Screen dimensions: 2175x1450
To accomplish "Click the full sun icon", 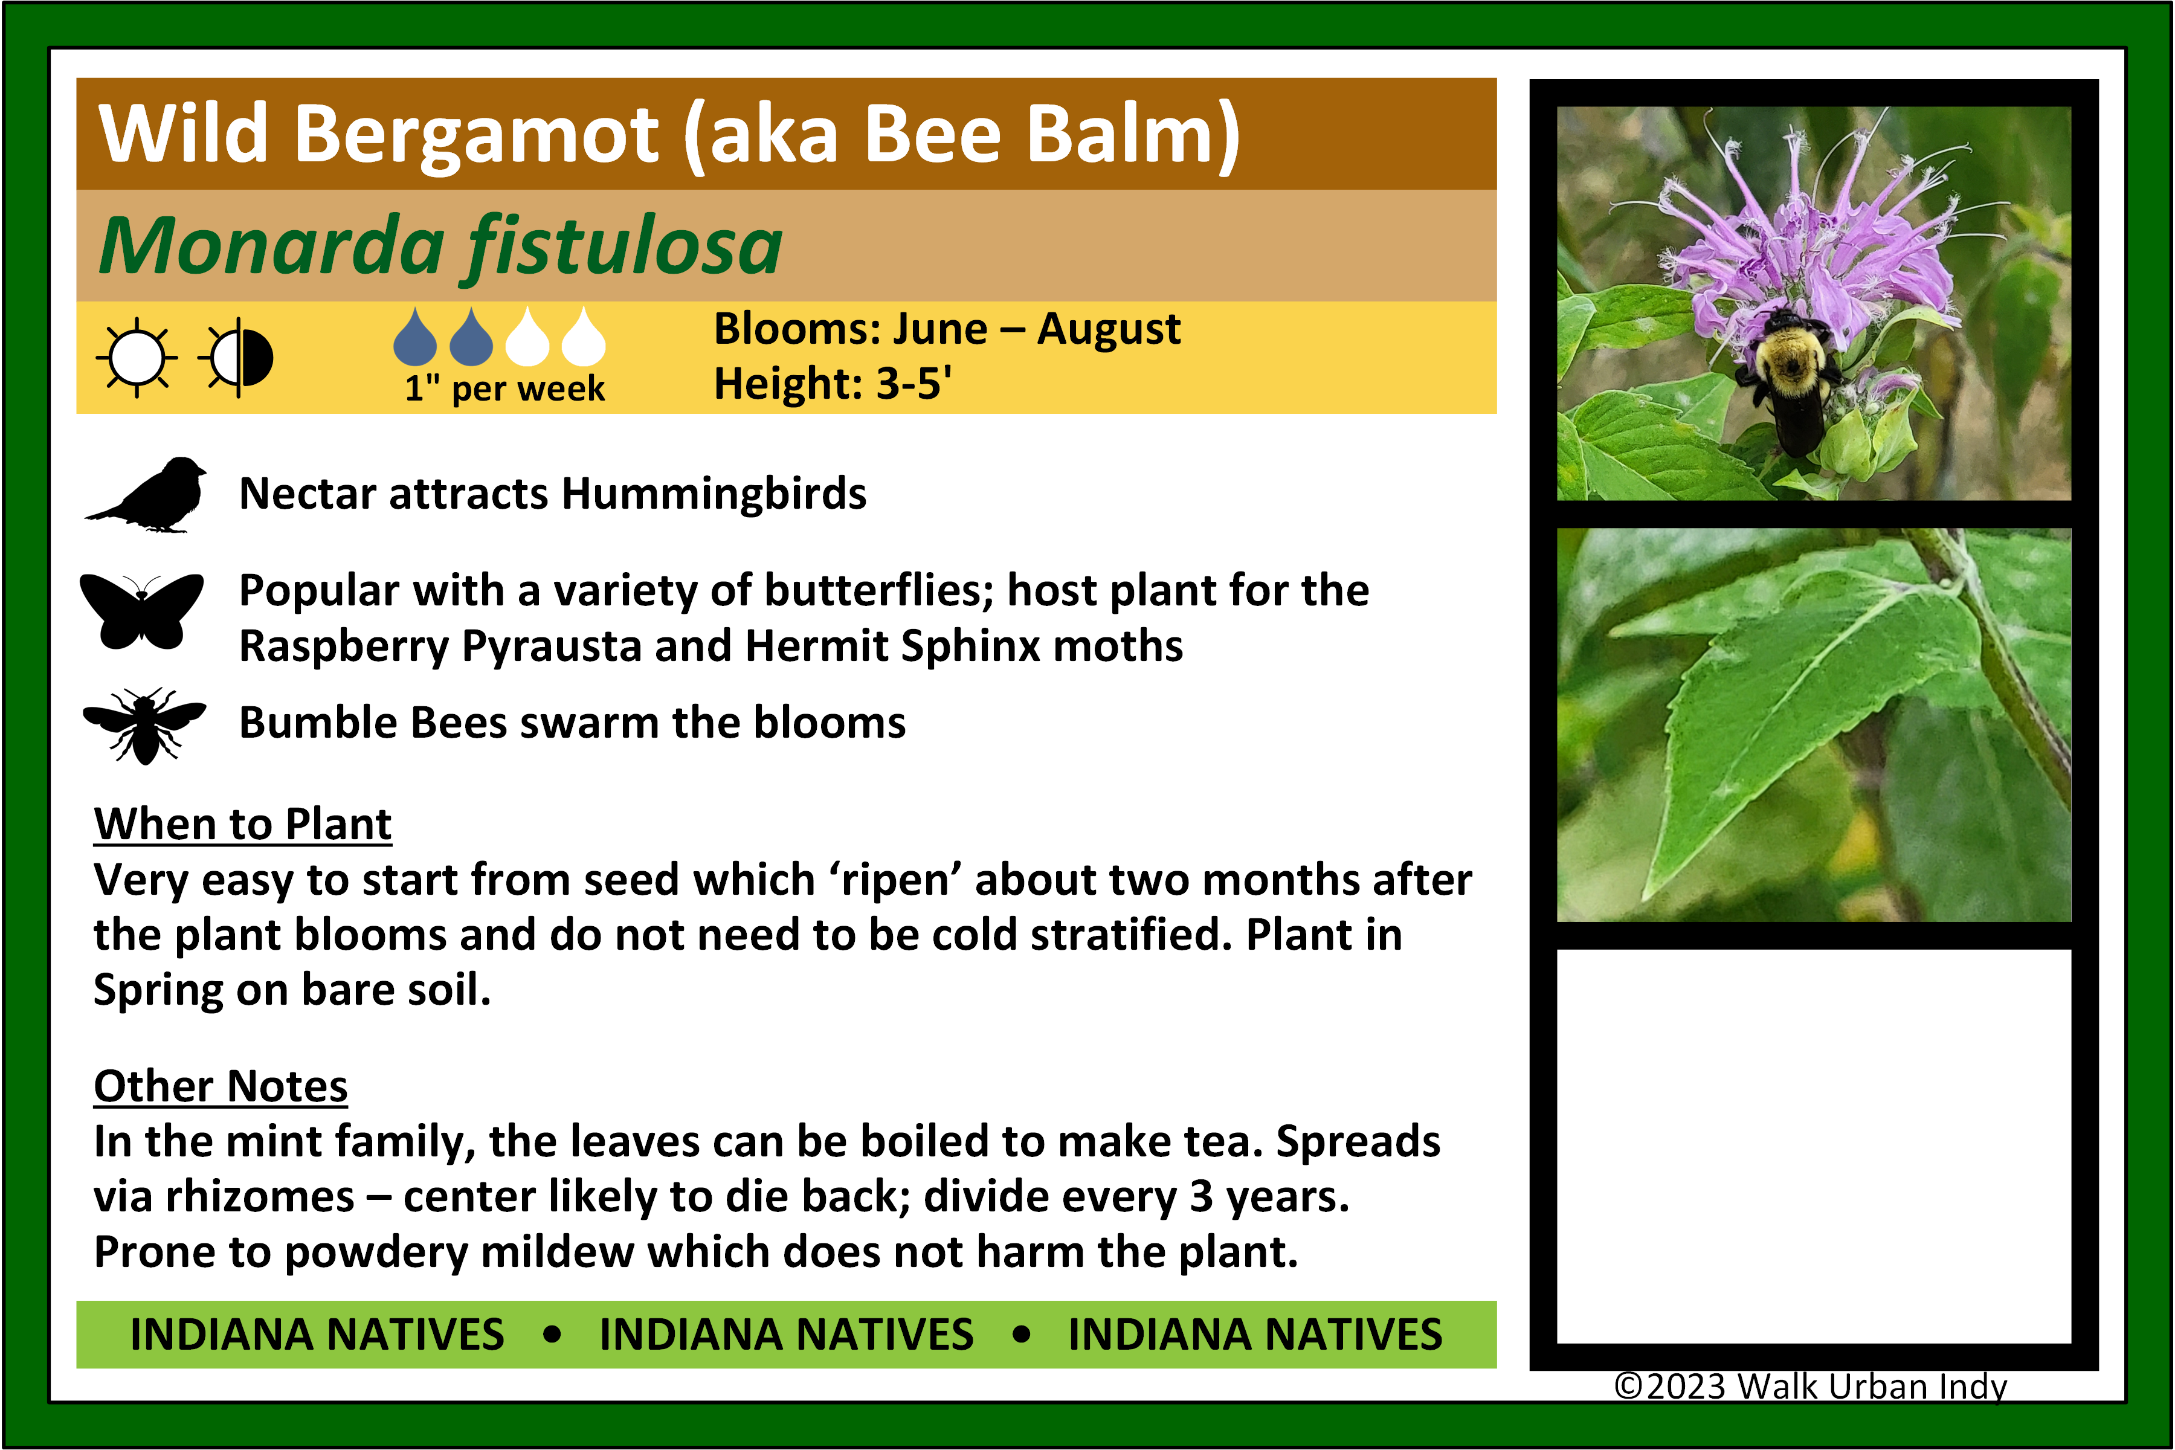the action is coord(137,357).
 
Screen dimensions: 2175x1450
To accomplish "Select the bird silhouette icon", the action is coord(145,495).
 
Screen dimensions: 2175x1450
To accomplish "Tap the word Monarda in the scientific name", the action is coord(272,246).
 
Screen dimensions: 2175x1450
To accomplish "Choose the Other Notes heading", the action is coord(221,1086).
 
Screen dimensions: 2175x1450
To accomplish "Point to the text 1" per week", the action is coord(505,388).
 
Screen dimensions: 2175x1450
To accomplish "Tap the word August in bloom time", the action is coord(1109,330).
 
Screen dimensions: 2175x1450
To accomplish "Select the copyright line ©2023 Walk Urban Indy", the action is coord(1811,1386).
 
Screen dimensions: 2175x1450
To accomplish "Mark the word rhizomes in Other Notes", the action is coord(260,1197).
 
